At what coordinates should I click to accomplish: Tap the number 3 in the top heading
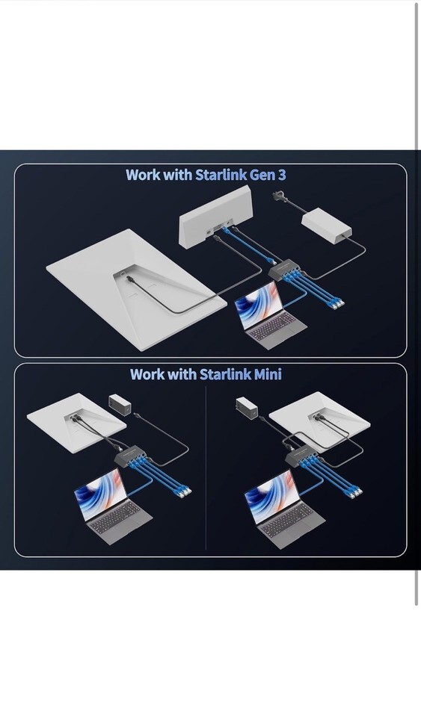281,175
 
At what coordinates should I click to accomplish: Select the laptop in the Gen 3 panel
269,314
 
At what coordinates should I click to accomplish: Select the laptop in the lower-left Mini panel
113,506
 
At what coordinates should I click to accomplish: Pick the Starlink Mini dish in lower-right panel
320,417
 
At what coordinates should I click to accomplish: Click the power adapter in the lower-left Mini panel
120,405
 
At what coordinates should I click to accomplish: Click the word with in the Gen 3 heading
178,175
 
